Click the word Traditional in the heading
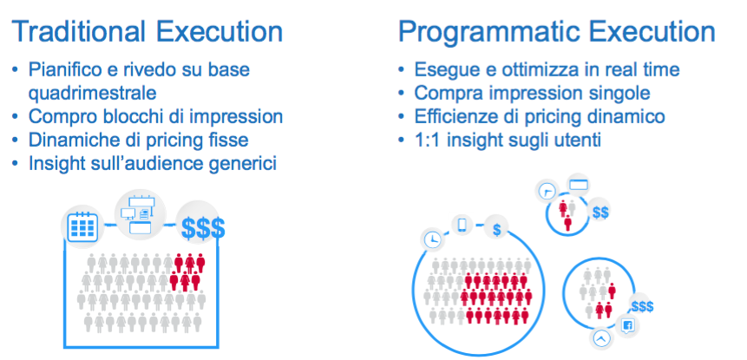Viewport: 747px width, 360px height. pyautogui.click(x=79, y=31)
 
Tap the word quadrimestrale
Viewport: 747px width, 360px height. pyautogui.click(x=93, y=93)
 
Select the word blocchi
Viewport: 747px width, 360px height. pyautogui.click(x=121, y=116)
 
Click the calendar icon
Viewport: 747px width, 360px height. pyautogui.click(x=82, y=226)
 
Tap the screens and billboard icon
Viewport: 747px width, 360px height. pyautogui.click(x=140, y=215)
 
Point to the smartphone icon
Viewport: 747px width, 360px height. pyautogui.click(x=462, y=225)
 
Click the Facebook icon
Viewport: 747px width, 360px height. pyautogui.click(x=627, y=325)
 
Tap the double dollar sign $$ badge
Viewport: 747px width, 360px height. pyautogui.click(x=600, y=213)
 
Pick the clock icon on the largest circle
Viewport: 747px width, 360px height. pyautogui.click(x=433, y=239)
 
